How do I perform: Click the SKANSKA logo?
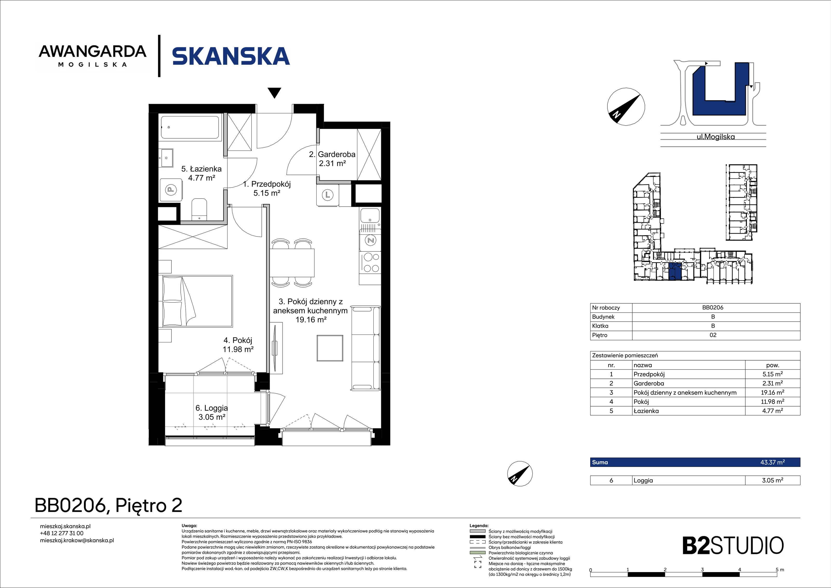231,56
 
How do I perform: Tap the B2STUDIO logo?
733,546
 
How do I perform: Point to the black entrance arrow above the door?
275,93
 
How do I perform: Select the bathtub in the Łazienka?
190,127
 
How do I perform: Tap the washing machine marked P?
171,189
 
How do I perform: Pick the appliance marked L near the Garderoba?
327,195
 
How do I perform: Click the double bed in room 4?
198,301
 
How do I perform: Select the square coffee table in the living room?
330,348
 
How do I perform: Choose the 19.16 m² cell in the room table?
772,392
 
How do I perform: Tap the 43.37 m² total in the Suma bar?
772,462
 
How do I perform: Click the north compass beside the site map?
626,107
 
